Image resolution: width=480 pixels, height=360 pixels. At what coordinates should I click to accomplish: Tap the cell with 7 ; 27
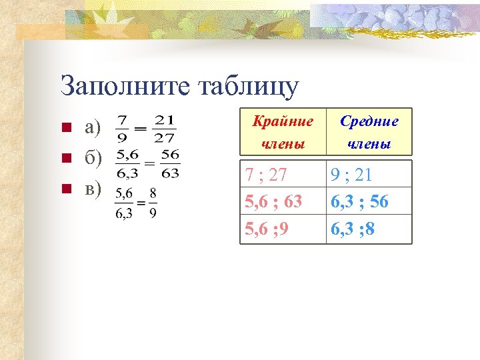(266, 175)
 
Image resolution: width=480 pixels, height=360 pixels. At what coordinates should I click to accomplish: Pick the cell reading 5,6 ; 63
(274, 202)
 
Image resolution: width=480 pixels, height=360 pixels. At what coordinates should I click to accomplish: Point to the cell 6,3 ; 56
(360, 202)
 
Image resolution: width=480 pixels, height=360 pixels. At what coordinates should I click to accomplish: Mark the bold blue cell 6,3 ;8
(353, 229)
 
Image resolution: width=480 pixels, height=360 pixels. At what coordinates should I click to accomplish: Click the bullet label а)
(93, 127)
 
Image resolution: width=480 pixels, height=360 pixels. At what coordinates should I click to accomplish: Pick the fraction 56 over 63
(170, 163)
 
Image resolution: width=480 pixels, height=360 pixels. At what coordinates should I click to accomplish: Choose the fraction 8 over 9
(153, 203)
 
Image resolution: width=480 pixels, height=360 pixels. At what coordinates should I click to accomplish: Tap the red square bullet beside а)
(65, 128)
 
